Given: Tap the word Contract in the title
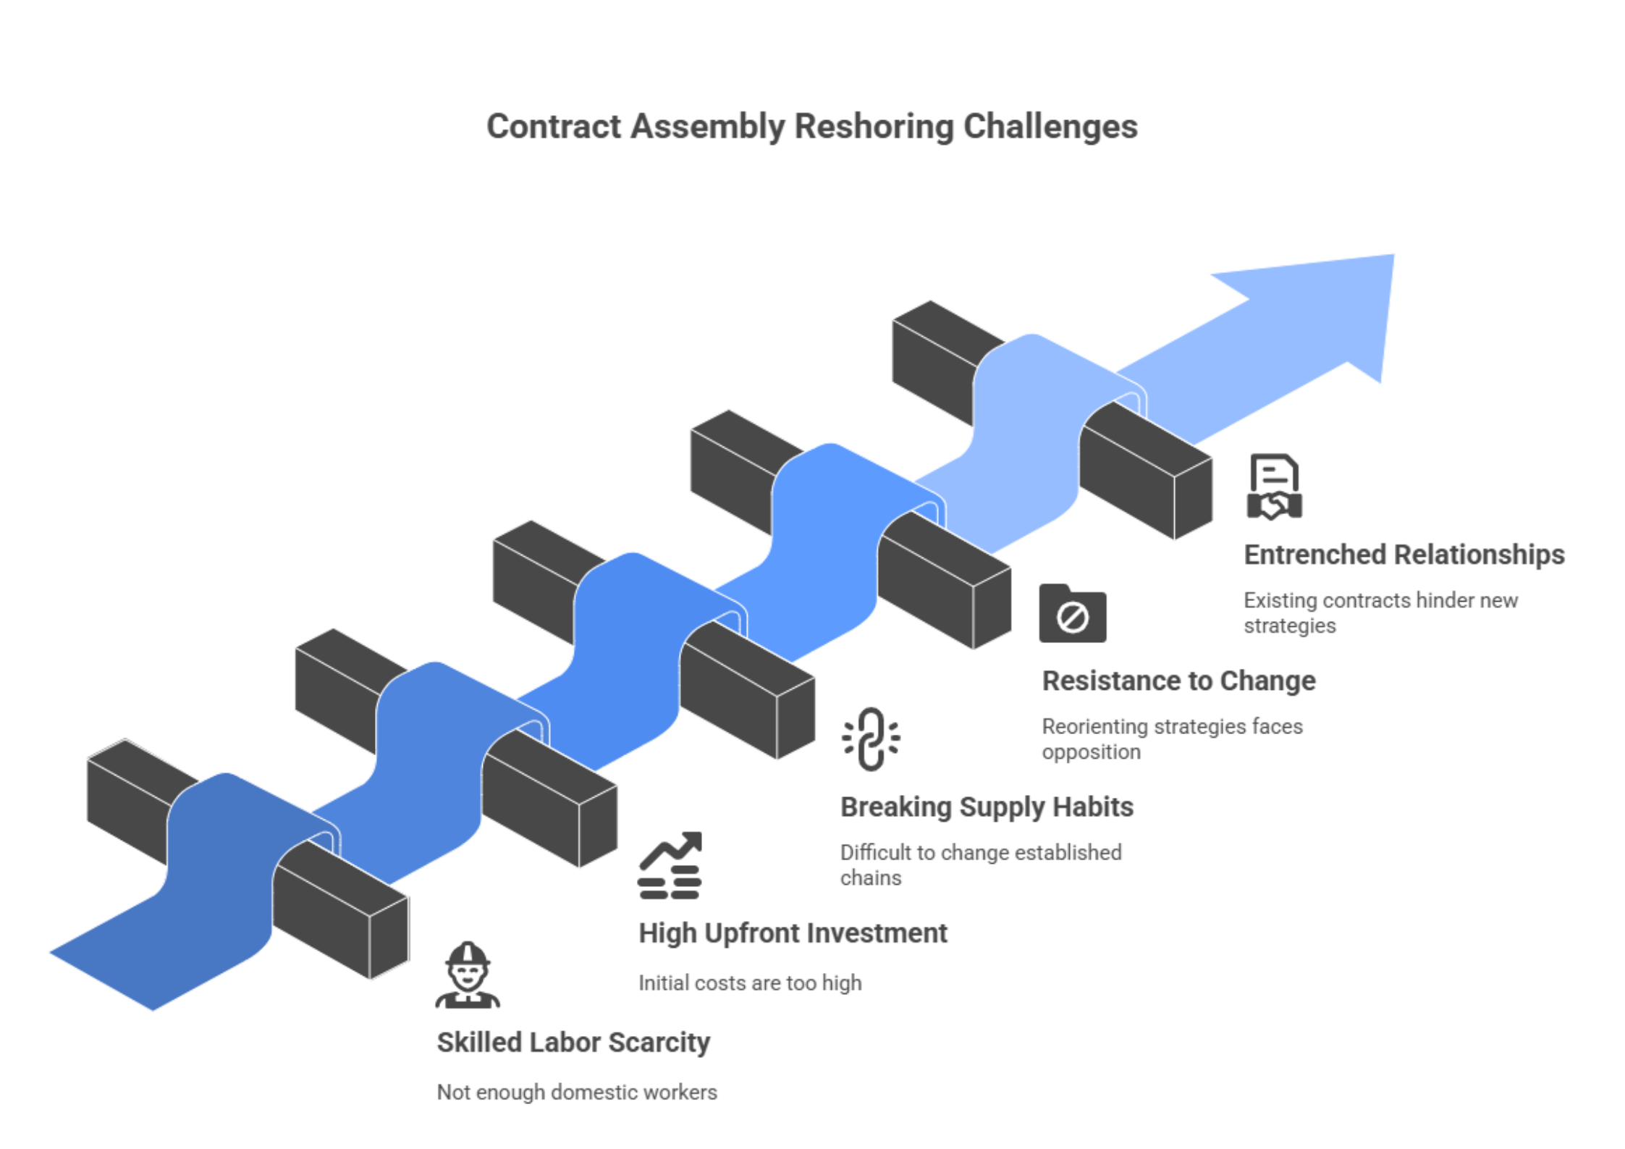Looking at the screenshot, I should click(x=554, y=127).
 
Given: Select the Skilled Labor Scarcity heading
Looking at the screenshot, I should click(x=573, y=1043).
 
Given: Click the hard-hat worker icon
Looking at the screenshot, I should click(x=468, y=976).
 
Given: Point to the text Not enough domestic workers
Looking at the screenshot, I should click(x=577, y=1092).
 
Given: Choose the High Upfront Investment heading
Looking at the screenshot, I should click(x=793, y=933).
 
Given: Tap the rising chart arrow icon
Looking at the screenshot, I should click(x=670, y=864).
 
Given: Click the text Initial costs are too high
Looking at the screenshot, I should click(x=750, y=983).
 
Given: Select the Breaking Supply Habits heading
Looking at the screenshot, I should click(x=987, y=807).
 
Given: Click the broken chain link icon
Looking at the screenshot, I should click(x=871, y=739).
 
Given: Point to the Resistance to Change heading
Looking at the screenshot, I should click(x=1178, y=681).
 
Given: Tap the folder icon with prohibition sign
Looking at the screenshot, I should click(x=1072, y=614).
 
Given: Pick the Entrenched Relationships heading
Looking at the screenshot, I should click(x=1404, y=555).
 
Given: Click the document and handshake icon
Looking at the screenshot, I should click(x=1274, y=487).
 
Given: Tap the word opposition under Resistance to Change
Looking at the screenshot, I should click(x=1091, y=752).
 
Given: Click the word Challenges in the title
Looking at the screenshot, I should click(x=1050, y=127).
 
